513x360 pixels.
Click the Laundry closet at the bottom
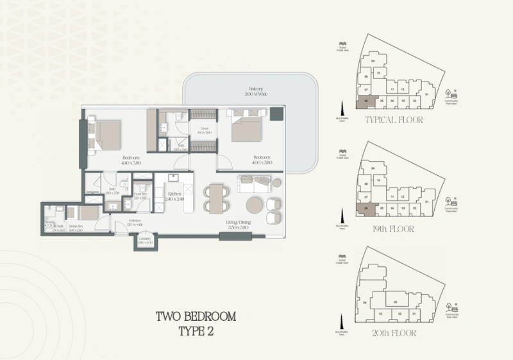[146, 241]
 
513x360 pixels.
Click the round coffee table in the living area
[252, 204]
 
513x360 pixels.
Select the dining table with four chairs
[216, 197]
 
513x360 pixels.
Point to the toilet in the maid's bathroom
[51, 226]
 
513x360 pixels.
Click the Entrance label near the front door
[133, 223]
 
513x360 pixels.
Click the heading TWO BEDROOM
[197, 316]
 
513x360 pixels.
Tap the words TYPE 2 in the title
[197, 331]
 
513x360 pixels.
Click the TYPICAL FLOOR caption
[394, 119]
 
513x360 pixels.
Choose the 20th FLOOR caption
[394, 333]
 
